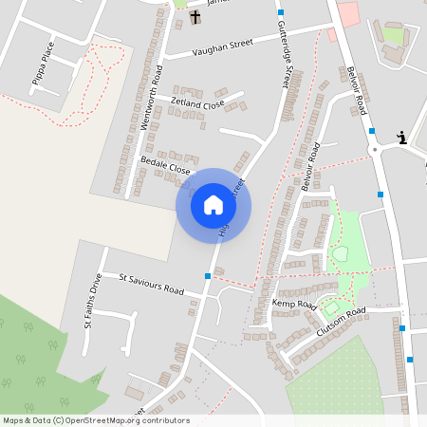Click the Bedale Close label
pyautogui.click(x=165, y=166)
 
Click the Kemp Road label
pyautogui.click(x=293, y=304)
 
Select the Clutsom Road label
pyautogui.click(x=341, y=320)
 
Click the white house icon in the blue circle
pyautogui.click(x=213, y=205)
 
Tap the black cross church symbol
pyautogui.click(x=195, y=17)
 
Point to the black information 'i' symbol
pyautogui.click(x=402, y=138)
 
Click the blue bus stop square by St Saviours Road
pyautogui.click(x=207, y=276)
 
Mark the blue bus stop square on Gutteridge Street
pyautogui.click(x=280, y=11)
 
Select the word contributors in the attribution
pyautogui.click(x=164, y=420)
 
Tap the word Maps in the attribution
pyautogui.click(x=14, y=420)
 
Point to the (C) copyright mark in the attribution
pyautogui.click(x=59, y=420)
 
